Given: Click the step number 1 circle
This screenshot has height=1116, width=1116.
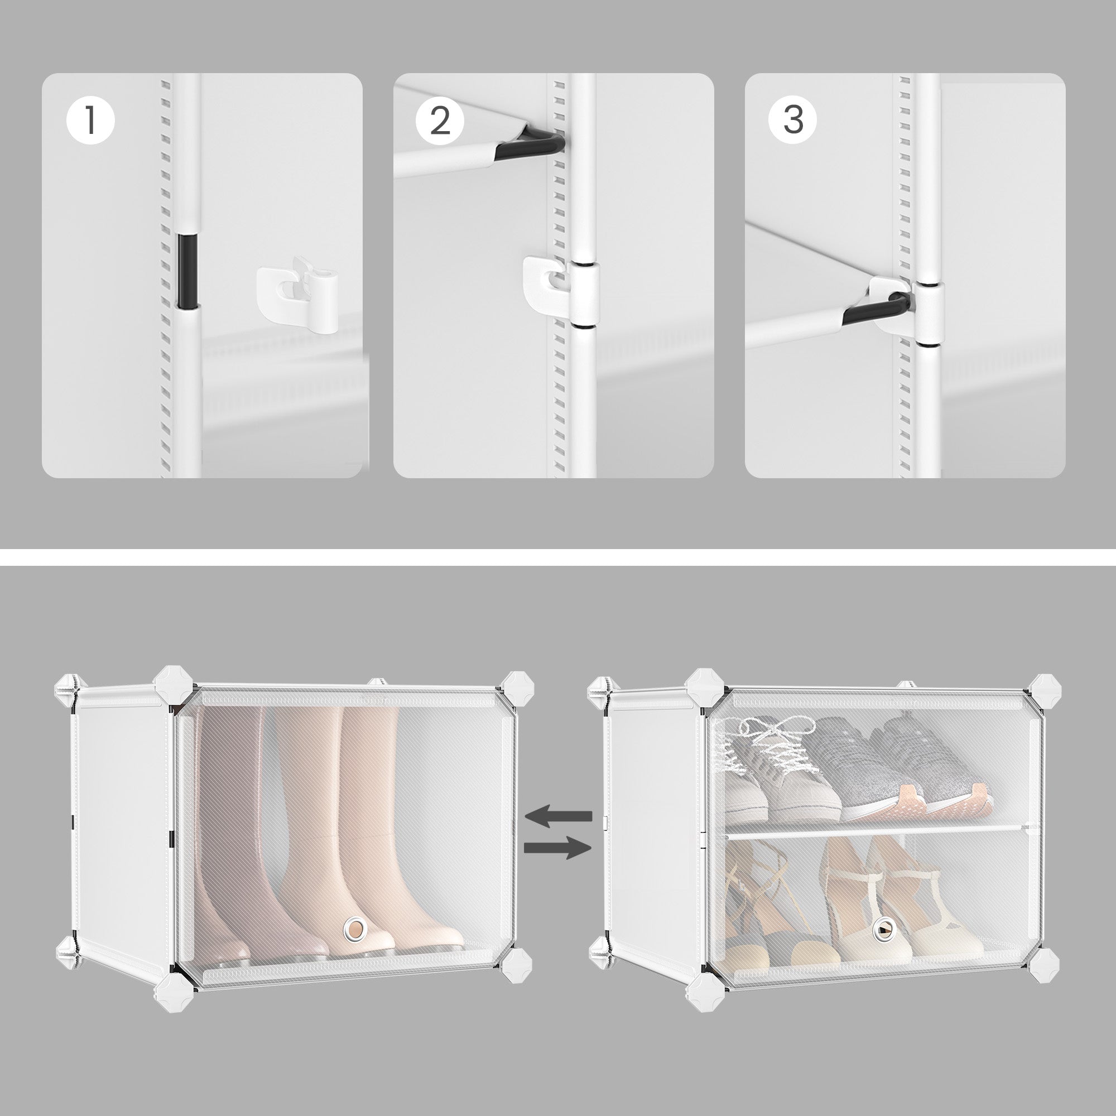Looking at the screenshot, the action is click(x=91, y=121).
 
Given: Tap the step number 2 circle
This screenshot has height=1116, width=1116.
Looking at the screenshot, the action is click(x=440, y=120).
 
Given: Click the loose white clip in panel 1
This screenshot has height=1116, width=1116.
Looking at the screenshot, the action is click(x=298, y=296).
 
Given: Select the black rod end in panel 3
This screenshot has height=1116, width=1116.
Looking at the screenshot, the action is click(x=878, y=309).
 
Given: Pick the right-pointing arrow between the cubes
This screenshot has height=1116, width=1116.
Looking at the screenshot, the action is click(x=558, y=848).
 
